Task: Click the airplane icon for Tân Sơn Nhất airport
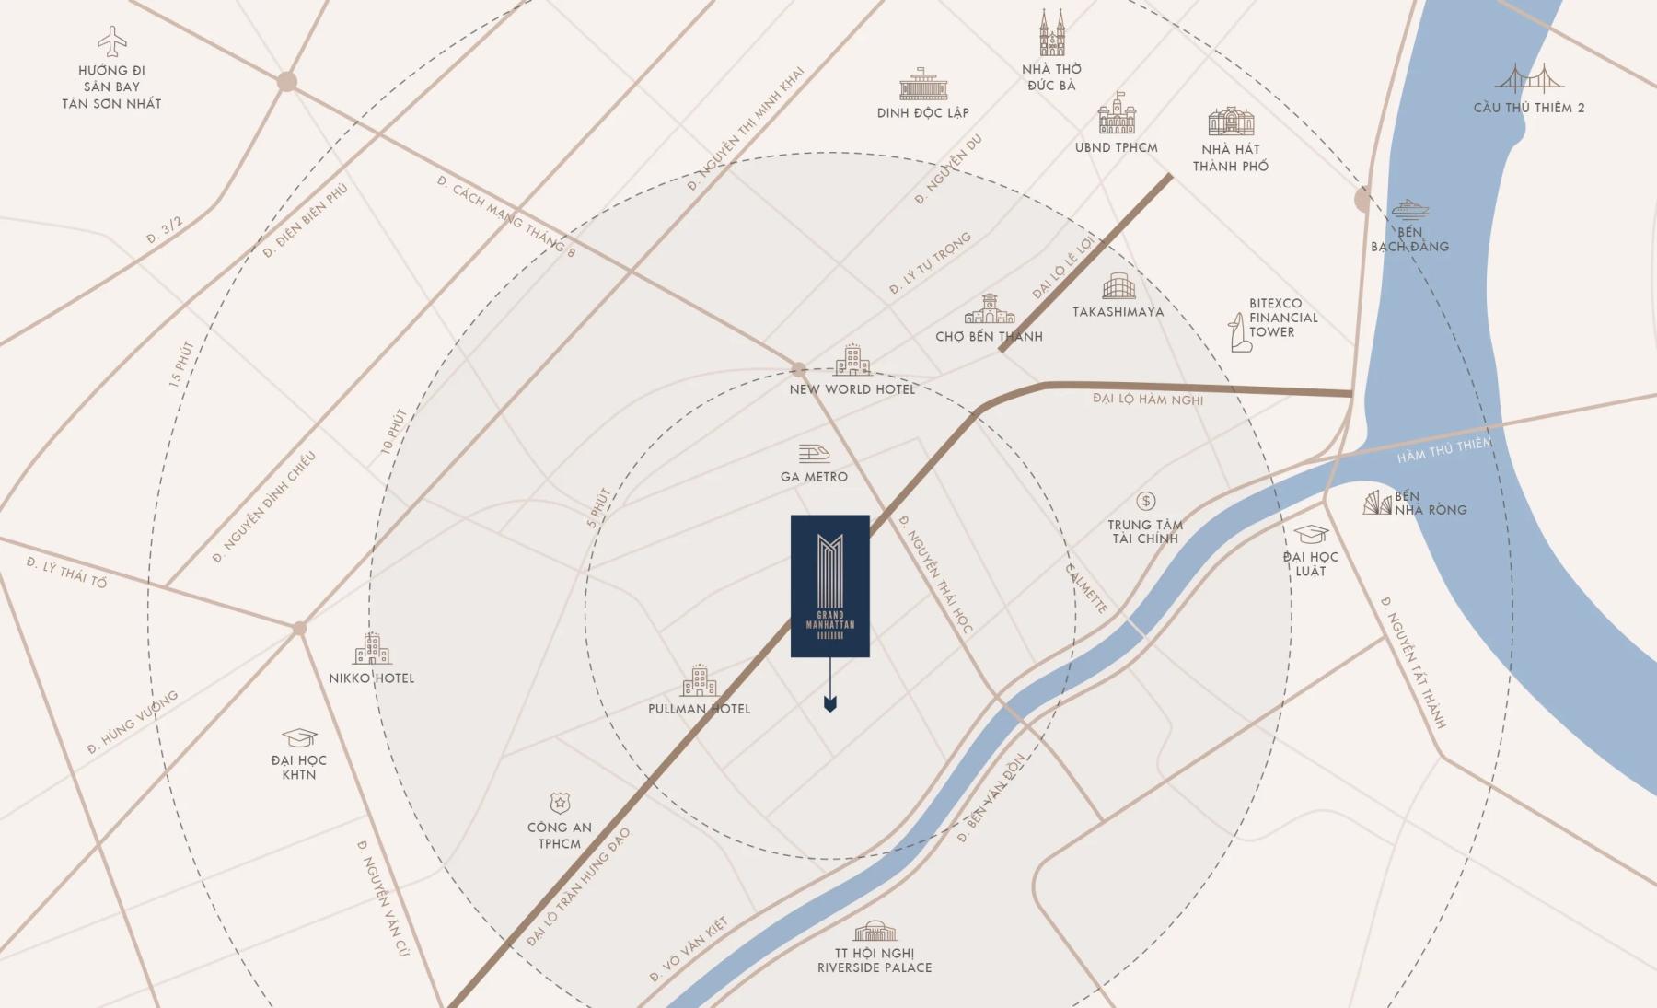click(x=112, y=41)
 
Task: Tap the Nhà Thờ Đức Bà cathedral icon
click(x=1051, y=33)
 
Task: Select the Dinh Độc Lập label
click(x=922, y=113)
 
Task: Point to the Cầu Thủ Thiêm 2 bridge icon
click(x=1528, y=79)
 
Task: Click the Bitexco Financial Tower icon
click(x=1240, y=332)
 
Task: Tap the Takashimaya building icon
click(x=1118, y=286)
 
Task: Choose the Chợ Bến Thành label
click(x=989, y=337)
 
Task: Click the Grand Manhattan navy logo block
click(x=829, y=585)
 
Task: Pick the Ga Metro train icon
click(x=814, y=452)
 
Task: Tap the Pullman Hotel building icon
click(x=699, y=681)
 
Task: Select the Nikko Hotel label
click(x=372, y=678)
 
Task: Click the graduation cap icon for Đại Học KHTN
click(x=299, y=737)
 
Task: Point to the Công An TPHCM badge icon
click(x=559, y=803)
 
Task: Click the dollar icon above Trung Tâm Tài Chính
click(x=1145, y=501)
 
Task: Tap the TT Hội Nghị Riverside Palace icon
click(x=875, y=931)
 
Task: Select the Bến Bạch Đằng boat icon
click(x=1408, y=209)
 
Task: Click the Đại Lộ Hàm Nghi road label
click(x=1148, y=399)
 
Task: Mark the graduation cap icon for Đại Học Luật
click(x=1311, y=534)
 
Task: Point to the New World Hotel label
click(x=852, y=389)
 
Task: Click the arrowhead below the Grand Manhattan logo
click(x=830, y=704)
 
